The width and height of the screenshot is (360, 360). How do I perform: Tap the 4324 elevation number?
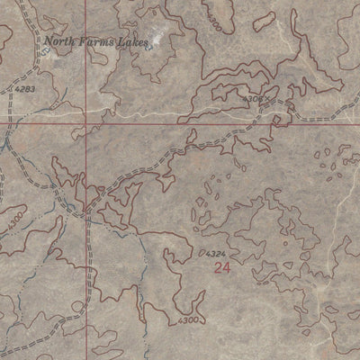[215, 255]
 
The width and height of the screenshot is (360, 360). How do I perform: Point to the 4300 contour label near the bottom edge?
[186, 320]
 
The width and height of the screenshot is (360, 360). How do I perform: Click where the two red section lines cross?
[86, 125]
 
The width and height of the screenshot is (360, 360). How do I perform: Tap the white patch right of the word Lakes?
[158, 38]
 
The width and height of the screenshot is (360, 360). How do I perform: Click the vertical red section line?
[87, 225]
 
